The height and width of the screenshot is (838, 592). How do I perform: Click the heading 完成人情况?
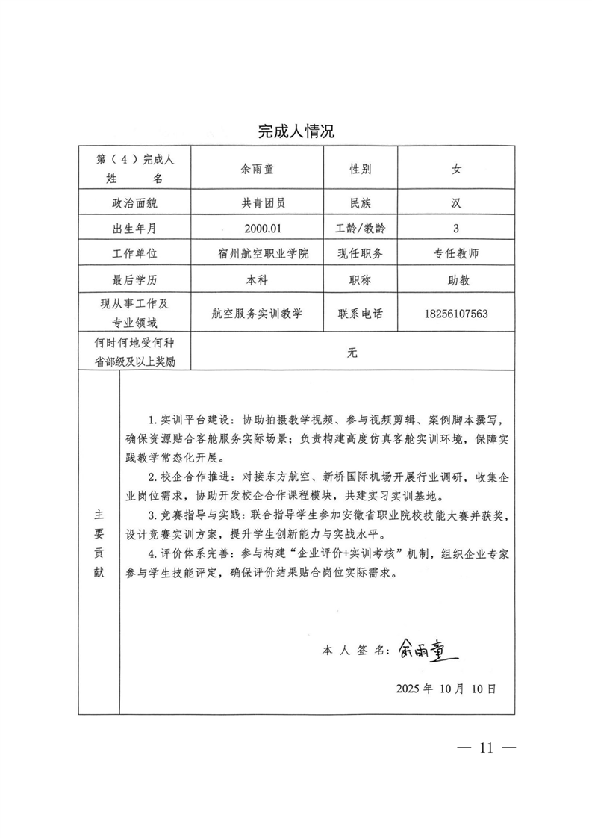click(296, 132)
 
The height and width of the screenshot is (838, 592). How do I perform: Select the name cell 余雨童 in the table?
click(257, 170)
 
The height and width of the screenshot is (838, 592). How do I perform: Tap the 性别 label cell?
click(361, 170)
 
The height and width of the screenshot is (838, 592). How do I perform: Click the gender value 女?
click(455, 170)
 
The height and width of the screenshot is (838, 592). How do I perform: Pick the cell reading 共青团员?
click(257, 202)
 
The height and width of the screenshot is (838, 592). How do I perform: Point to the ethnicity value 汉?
click(455, 202)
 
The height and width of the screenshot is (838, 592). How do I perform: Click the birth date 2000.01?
click(257, 228)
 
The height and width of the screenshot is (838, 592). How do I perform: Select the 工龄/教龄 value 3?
click(455, 228)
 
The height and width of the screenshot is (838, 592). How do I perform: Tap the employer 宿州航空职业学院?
click(257, 253)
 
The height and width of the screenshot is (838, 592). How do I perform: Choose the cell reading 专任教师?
click(455, 253)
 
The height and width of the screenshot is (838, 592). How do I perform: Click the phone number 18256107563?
click(455, 314)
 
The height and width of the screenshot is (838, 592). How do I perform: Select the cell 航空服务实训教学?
click(257, 314)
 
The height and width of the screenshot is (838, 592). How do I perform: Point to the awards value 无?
click(352, 353)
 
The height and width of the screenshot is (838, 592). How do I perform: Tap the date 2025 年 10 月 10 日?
click(446, 688)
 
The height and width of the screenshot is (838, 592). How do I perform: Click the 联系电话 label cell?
click(361, 314)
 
